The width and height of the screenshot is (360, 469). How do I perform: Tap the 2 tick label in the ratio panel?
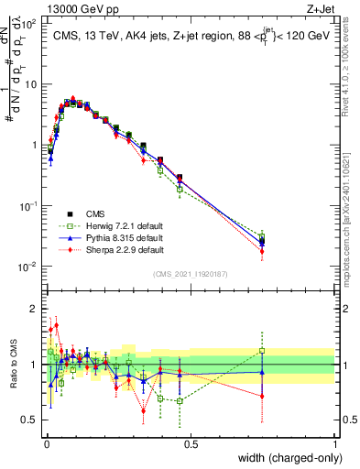point(34,308)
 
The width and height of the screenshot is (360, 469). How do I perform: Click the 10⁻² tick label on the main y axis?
point(28,267)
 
